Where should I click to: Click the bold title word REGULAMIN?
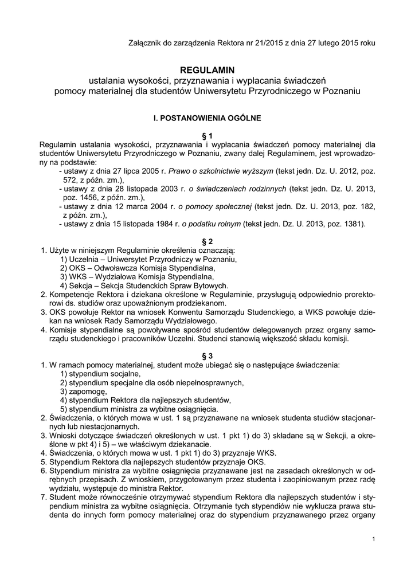207,69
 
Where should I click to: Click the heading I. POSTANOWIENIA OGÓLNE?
207,119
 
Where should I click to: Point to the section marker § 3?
207,355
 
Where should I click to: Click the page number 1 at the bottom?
373,539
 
